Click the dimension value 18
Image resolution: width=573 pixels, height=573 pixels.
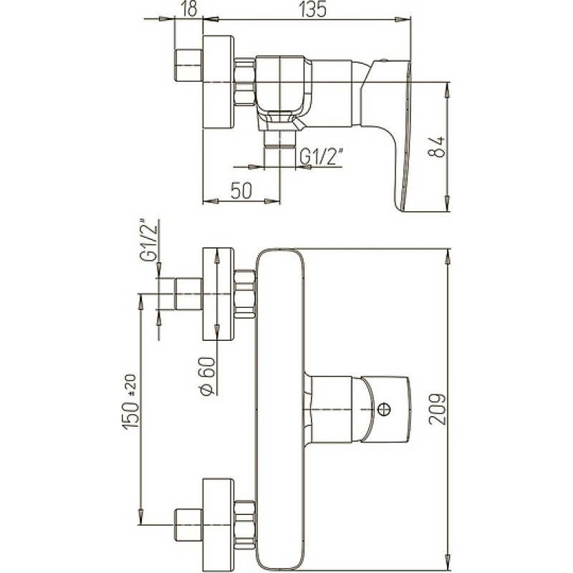(189, 10)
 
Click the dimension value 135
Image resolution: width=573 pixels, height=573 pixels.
(312, 10)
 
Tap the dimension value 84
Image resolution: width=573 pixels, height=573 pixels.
(437, 147)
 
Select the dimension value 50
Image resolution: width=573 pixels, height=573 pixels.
(241, 191)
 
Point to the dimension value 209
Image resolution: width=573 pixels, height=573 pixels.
(438, 409)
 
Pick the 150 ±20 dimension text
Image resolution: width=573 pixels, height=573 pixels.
(132, 401)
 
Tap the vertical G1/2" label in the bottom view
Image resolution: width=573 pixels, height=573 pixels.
(148, 239)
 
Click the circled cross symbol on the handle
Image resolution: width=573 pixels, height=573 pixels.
(384, 409)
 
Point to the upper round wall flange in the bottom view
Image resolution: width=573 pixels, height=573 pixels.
(218, 294)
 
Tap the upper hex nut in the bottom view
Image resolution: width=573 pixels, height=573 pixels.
(245, 294)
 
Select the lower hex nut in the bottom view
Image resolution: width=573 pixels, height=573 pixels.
(245, 525)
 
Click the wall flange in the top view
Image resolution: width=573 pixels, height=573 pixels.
(218, 82)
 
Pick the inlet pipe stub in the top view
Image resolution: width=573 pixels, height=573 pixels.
(188, 65)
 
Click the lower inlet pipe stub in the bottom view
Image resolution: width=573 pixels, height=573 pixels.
(188, 525)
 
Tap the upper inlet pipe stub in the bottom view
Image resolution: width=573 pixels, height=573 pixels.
(188, 294)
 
